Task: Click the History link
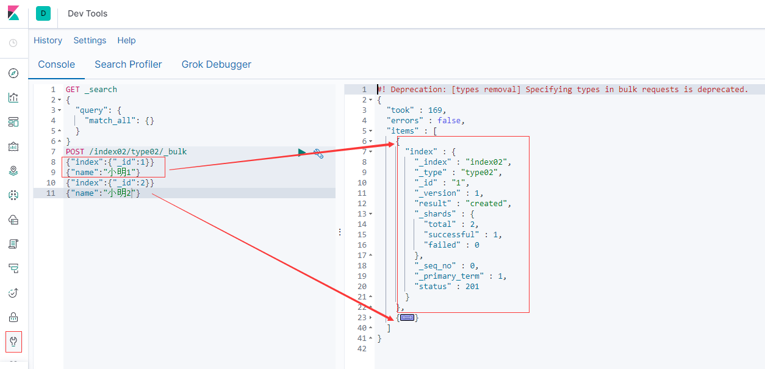[x=48, y=41]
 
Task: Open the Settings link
[x=90, y=41]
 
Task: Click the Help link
[x=126, y=41]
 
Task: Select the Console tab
[x=56, y=65]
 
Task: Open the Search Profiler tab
[x=128, y=65]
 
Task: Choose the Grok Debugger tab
[x=216, y=65]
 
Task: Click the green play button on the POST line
[x=301, y=152]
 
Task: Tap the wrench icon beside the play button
[x=318, y=154]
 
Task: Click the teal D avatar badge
[x=43, y=13]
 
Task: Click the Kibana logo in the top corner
[x=13, y=13]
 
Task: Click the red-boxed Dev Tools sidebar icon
[x=13, y=342]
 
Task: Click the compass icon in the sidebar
[x=13, y=73]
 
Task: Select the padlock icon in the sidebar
[x=13, y=317]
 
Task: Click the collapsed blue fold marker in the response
[x=407, y=318]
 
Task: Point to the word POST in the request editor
[x=75, y=151]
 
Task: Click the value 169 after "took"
[x=435, y=110]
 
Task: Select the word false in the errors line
[x=449, y=121]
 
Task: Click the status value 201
[x=472, y=287]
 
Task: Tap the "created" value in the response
[x=486, y=204]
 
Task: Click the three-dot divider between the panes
[x=340, y=232]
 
